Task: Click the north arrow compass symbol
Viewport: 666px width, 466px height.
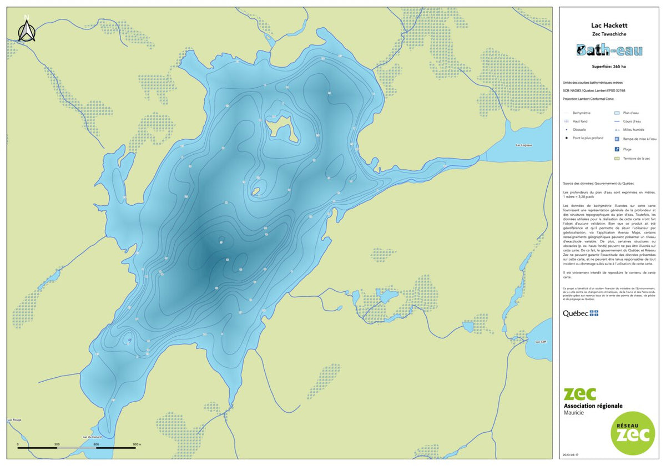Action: point(26,31)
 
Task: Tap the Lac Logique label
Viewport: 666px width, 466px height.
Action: point(524,145)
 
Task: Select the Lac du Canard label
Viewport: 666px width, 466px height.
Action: point(92,437)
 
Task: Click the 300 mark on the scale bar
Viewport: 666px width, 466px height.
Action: point(57,445)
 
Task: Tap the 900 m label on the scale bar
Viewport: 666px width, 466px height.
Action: point(137,445)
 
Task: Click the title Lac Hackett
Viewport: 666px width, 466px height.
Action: point(609,26)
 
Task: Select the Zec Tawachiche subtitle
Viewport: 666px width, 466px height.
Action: point(609,34)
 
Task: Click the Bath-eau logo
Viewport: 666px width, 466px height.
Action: point(609,50)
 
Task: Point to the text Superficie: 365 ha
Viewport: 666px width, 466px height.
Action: point(609,67)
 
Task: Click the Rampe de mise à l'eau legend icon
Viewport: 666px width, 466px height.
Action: point(617,139)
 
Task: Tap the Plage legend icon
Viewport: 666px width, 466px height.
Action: point(617,149)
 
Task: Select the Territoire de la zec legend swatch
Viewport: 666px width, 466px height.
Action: point(617,159)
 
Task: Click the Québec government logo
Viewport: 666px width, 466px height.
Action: point(581,313)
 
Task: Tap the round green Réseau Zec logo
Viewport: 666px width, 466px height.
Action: point(632,433)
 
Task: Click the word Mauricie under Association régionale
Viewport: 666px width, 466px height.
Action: point(575,413)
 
